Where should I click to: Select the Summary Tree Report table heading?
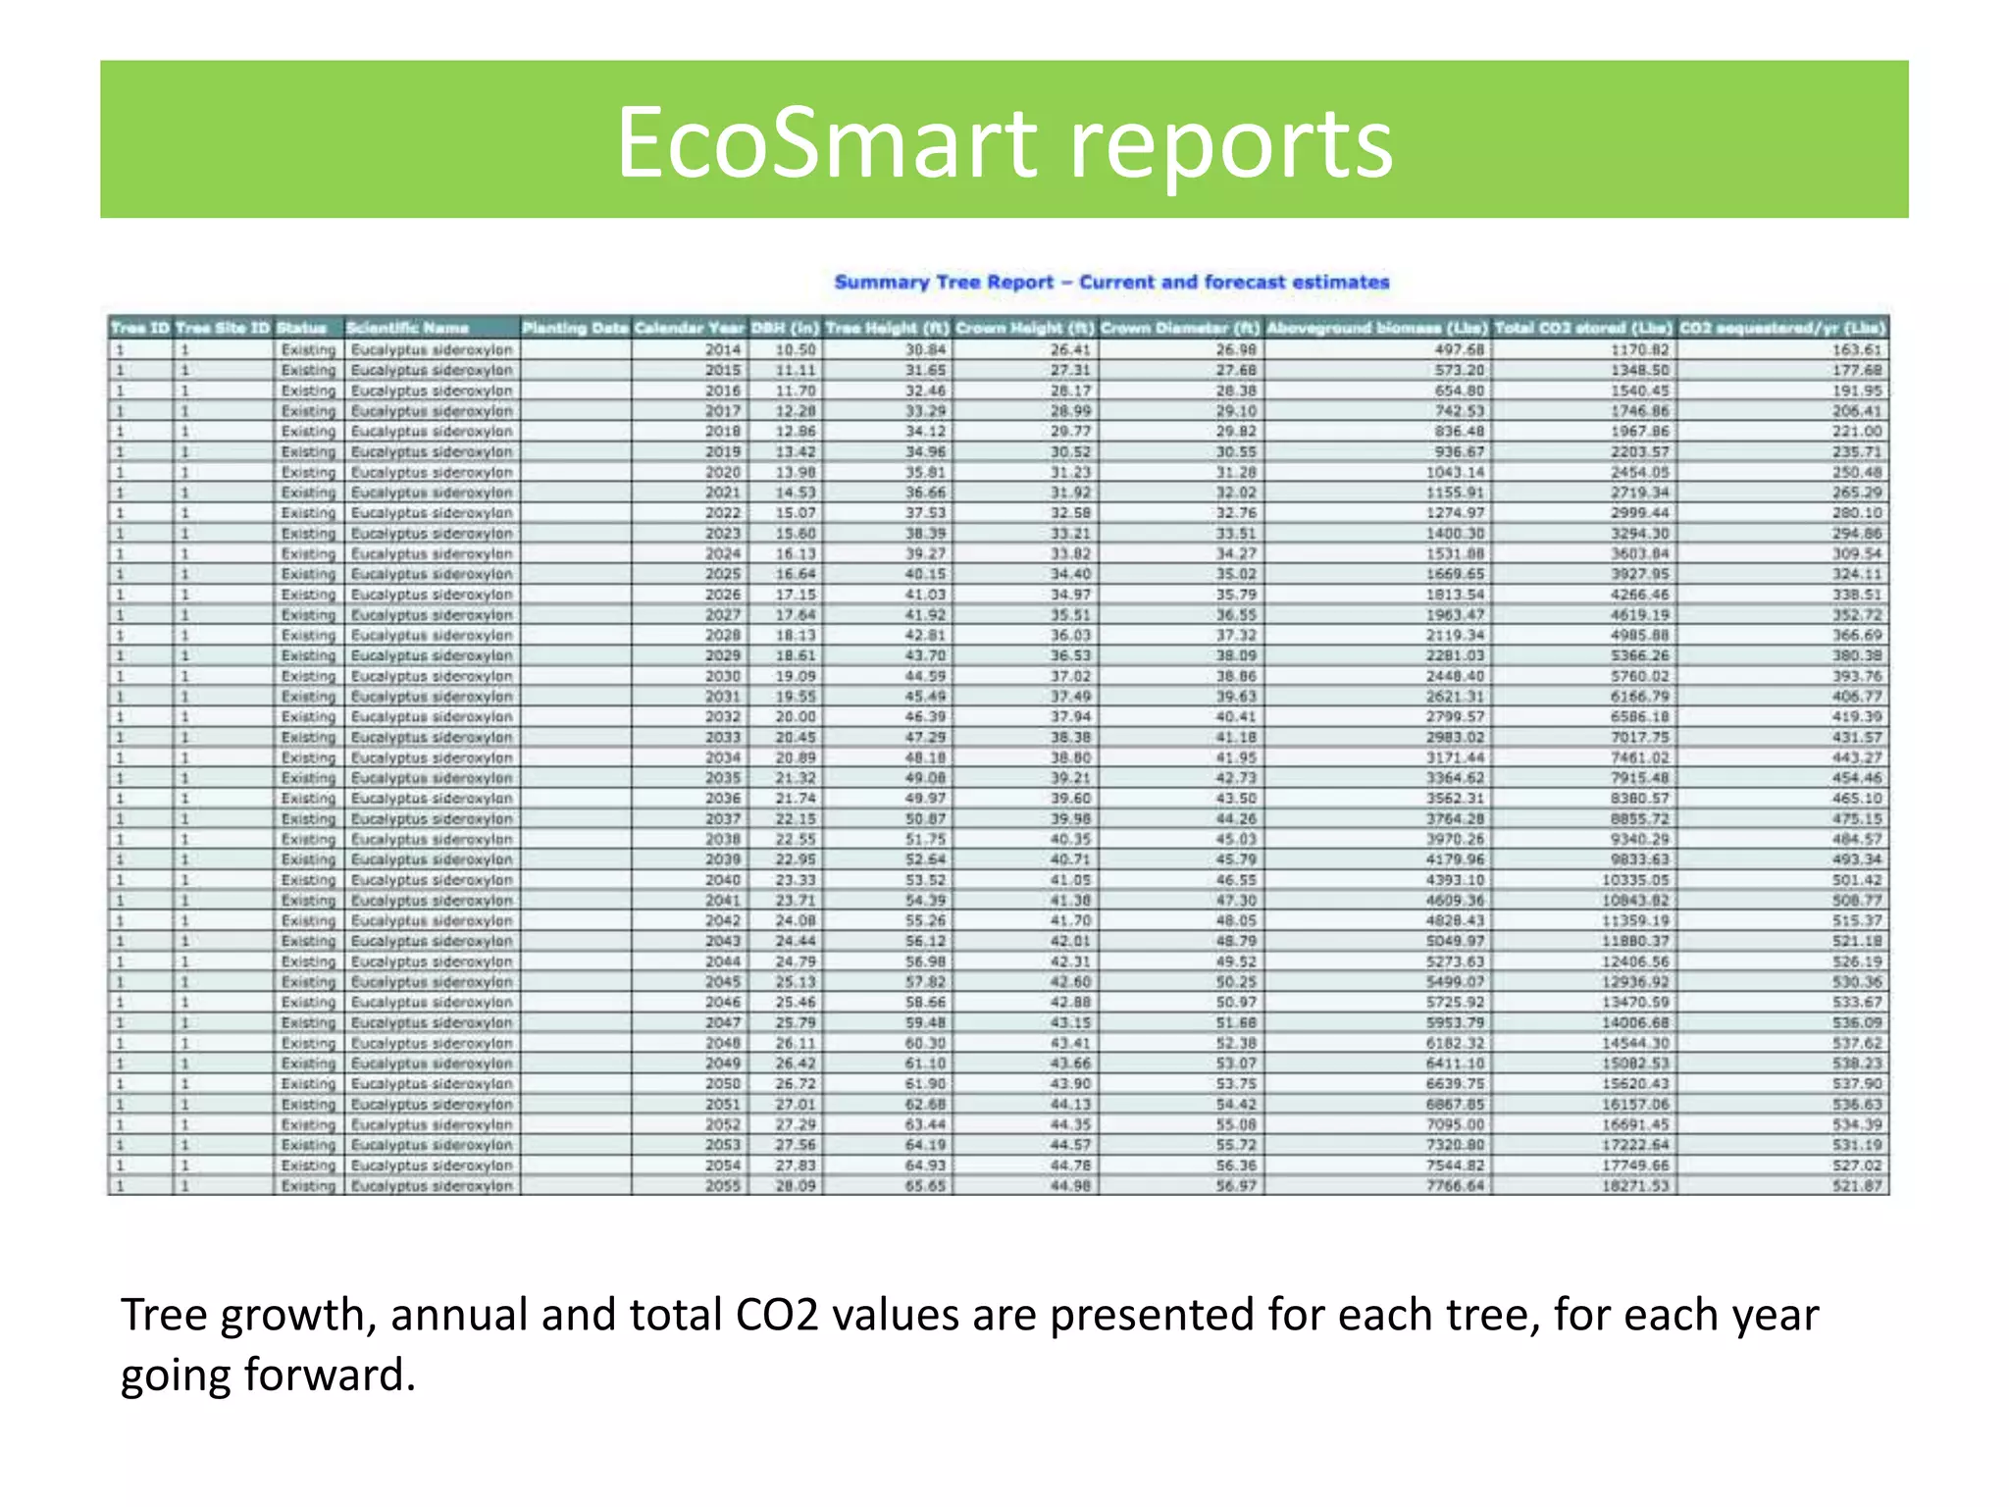pos(1111,283)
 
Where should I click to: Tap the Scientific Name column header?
pos(408,328)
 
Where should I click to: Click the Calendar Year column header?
pos(689,328)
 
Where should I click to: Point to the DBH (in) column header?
pos(785,328)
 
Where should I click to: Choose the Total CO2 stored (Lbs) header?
pos(1583,328)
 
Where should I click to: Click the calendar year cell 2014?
pos(723,349)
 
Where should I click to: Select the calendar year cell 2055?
pos(723,1186)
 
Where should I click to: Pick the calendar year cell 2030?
pos(723,676)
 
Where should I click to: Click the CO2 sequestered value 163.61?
pos(1857,349)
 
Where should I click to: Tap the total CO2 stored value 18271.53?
pos(1636,1186)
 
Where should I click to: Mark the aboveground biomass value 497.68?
pos(1459,349)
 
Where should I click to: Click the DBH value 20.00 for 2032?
pos(796,717)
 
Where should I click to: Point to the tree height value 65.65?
pos(925,1186)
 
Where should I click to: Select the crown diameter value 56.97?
pos(1236,1186)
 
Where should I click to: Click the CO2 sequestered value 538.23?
pos(1857,1064)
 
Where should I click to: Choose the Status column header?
pos(301,328)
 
